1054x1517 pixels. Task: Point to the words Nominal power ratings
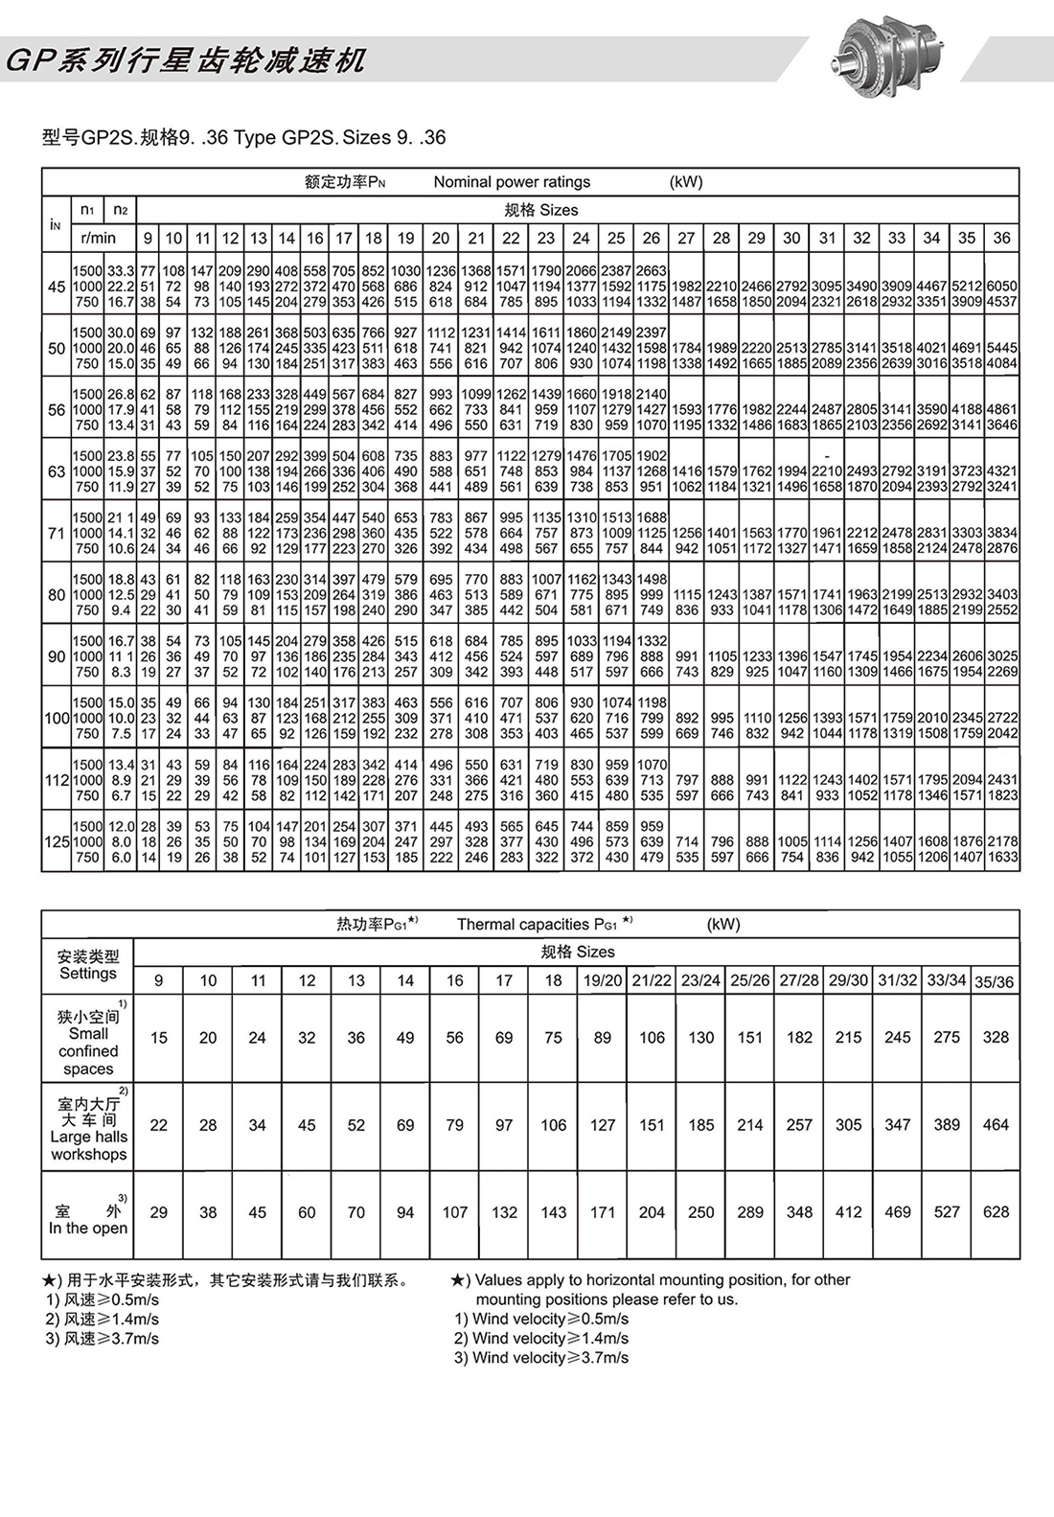[x=512, y=182]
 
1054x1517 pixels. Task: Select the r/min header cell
[x=98, y=238]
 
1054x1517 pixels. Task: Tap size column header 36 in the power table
[x=1001, y=238]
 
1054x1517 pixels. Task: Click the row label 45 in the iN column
[x=57, y=287]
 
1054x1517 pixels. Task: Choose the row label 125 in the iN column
[x=57, y=841]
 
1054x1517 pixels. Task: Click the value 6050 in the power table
[x=1001, y=287]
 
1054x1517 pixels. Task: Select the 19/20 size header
[x=602, y=980]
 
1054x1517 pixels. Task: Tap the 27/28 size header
[x=799, y=980]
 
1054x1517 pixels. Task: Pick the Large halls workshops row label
[x=88, y=1129]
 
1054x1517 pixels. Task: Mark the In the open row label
[x=88, y=1220]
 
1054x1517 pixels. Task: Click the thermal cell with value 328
[x=996, y=1037]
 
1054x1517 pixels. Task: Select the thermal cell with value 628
[x=996, y=1212]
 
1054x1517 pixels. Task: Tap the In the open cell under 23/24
[x=700, y=1212]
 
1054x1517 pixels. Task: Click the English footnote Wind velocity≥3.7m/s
[x=541, y=1358]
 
